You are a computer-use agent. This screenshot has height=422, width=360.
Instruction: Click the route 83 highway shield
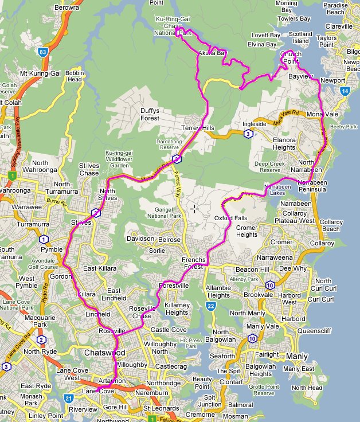click(44, 52)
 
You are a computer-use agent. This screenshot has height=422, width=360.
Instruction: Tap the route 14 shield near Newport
click(344, 91)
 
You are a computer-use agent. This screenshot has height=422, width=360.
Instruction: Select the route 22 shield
click(211, 308)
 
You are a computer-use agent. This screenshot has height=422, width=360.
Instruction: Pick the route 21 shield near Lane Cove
click(69, 398)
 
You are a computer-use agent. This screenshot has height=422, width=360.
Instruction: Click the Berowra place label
click(66, 8)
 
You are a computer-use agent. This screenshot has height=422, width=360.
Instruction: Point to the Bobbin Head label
click(75, 77)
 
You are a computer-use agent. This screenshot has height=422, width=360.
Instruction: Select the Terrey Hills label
click(197, 127)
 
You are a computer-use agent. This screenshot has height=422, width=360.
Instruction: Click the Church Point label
click(291, 57)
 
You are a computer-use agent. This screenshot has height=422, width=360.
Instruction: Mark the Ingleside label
click(255, 124)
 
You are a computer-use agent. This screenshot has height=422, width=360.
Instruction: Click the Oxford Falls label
click(229, 218)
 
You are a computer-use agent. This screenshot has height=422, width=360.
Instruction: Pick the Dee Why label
click(293, 268)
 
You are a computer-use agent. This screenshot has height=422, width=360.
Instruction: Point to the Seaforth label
click(222, 356)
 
